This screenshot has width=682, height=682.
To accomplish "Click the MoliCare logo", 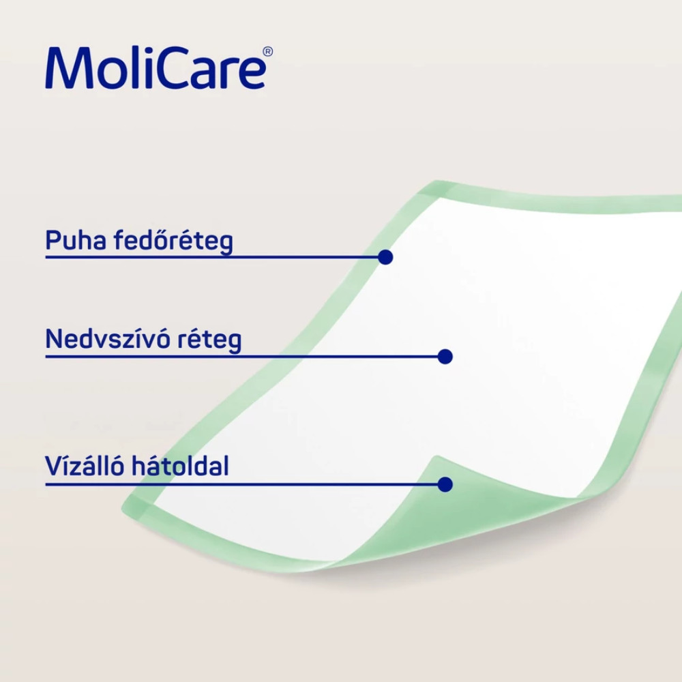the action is coord(159,68).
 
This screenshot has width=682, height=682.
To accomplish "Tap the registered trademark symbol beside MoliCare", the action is coord(268,52).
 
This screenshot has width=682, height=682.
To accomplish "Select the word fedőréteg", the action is coord(173,241).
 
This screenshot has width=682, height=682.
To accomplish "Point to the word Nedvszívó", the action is coord(108,339).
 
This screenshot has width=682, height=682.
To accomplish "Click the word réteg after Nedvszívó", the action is coord(209,340).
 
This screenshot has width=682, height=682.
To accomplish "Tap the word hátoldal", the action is coord(180,466).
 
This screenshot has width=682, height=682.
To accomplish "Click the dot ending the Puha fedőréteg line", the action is coord(385,257).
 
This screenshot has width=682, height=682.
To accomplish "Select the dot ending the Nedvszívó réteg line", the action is coord(445,357).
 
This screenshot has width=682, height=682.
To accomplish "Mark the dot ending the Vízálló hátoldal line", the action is coord(445,484).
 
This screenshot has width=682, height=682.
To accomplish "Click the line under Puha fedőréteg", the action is coord(212,257).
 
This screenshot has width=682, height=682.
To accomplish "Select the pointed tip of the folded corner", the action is coord(436,456).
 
